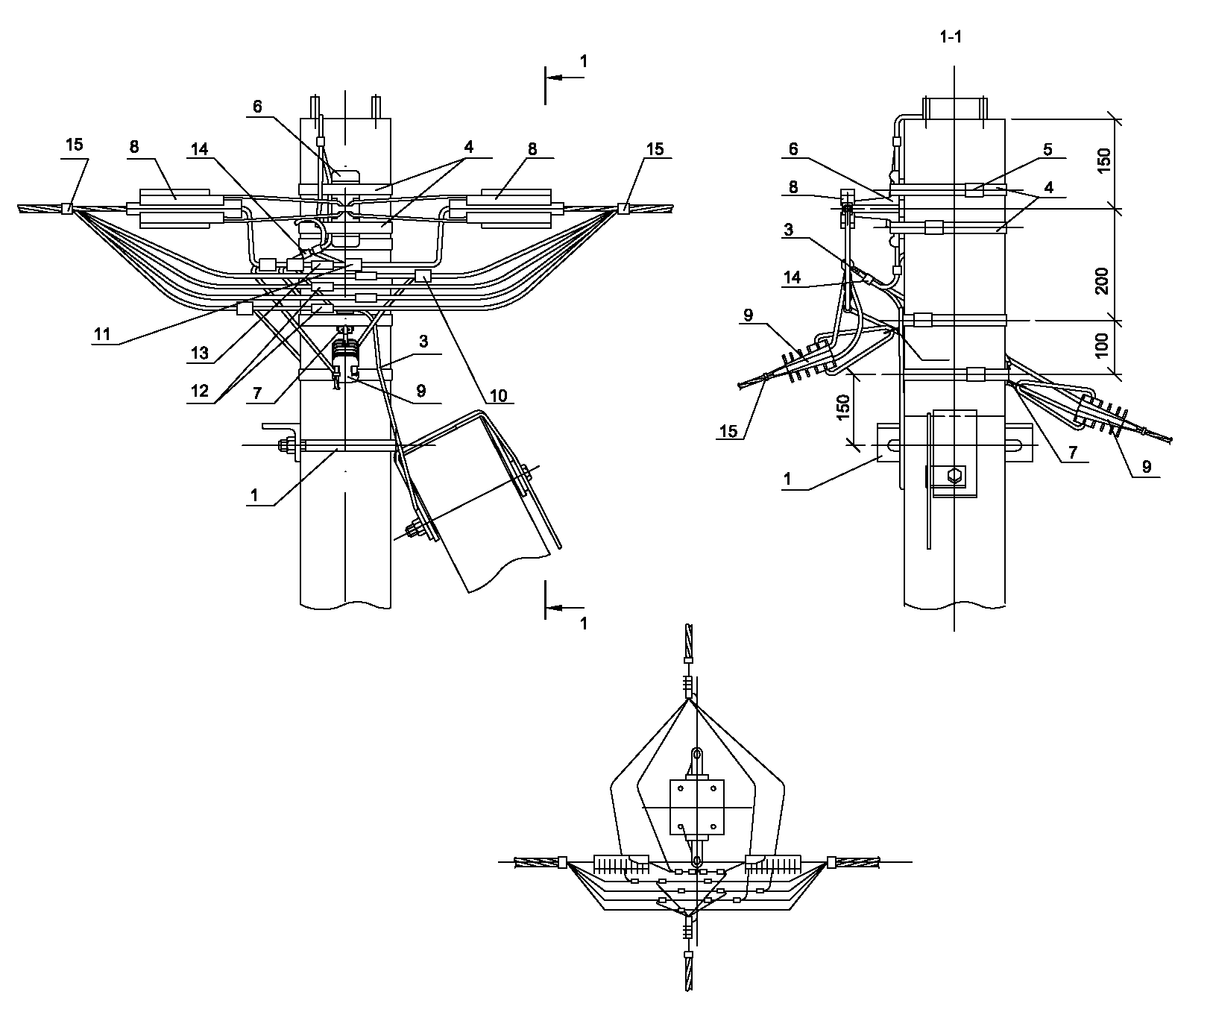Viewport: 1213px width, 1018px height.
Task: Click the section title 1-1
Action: tap(952, 38)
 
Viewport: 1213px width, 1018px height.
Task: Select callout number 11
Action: tap(101, 334)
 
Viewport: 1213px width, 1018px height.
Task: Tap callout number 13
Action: tap(199, 354)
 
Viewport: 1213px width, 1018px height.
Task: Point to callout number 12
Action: tap(199, 392)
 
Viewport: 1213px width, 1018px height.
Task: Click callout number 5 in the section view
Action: tap(1047, 150)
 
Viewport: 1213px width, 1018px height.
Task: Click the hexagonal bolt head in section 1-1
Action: tap(954, 475)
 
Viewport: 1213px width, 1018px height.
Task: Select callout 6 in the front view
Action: tap(257, 107)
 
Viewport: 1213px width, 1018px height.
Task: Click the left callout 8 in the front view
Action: tap(134, 147)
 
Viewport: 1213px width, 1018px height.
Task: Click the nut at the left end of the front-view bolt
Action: tap(283, 446)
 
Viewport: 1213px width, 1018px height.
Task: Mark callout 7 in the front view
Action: tap(257, 392)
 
